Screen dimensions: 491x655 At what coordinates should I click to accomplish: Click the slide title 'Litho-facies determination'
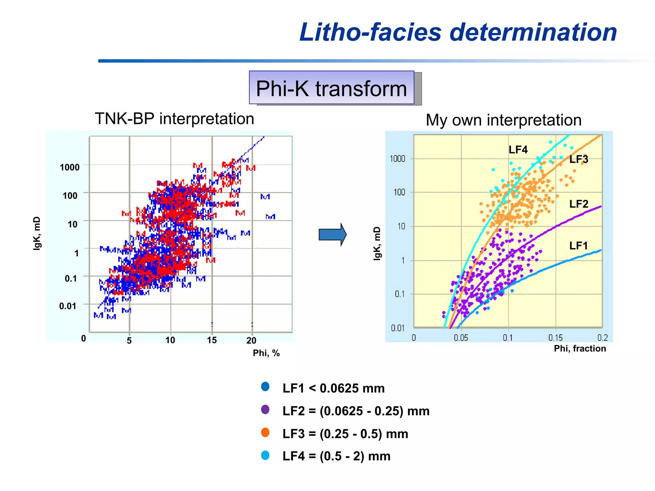tap(458, 32)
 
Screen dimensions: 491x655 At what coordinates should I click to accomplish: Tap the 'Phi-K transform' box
tap(331, 88)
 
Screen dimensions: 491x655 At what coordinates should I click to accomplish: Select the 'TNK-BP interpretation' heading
tap(174, 119)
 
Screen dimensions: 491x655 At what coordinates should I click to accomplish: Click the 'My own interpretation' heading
tap(503, 120)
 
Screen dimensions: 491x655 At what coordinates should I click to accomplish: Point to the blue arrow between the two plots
tap(332, 235)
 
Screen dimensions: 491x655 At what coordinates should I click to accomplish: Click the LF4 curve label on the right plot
tap(518, 150)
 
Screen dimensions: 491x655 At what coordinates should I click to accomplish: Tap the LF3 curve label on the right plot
tap(579, 159)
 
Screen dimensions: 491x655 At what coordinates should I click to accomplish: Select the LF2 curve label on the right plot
tap(579, 204)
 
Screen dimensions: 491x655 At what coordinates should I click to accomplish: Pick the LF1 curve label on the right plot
tap(578, 245)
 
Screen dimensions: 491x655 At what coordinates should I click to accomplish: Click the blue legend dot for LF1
tap(265, 386)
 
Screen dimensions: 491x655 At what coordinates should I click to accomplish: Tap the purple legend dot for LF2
tap(265, 409)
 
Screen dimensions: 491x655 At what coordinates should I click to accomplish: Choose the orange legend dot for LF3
tap(265, 433)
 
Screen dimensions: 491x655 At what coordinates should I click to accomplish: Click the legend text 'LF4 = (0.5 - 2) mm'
tap(336, 456)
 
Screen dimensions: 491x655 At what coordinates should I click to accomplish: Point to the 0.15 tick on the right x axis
tap(555, 338)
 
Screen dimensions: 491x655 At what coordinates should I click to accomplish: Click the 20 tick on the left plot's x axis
tap(251, 340)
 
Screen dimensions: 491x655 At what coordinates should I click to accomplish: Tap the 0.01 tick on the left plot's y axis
tap(68, 306)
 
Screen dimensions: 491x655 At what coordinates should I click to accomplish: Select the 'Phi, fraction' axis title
tap(580, 348)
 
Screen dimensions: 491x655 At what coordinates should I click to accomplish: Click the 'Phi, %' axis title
tap(266, 353)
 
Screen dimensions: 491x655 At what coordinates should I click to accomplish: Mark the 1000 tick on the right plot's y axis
tap(397, 159)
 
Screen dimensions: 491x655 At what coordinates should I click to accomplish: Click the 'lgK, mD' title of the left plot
tap(37, 233)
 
